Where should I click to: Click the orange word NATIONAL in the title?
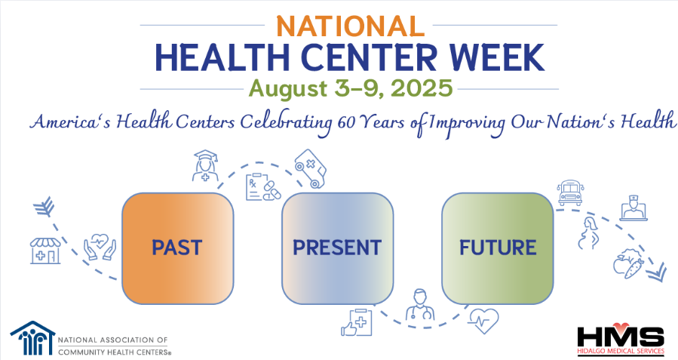pyautogui.click(x=350, y=26)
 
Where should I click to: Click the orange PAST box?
pyautogui.click(x=178, y=248)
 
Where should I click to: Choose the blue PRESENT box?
pyautogui.click(x=337, y=248)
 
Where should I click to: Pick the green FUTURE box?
pyautogui.click(x=497, y=248)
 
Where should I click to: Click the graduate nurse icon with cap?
pyautogui.click(x=205, y=166)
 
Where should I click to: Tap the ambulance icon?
pyautogui.click(x=311, y=169)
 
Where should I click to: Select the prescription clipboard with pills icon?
pyautogui.click(x=263, y=187)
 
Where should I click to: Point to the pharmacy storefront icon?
pyautogui.click(x=45, y=251)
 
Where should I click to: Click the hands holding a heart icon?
pyautogui.click(x=100, y=247)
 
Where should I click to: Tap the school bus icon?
pyautogui.click(x=570, y=192)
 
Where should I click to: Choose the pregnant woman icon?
pyautogui.click(x=590, y=234)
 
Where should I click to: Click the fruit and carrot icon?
pyautogui.click(x=627, y=263)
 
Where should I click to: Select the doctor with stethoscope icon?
pyautogui.click(x=420, y=305)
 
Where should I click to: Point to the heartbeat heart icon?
pyautogui.click(x=483, y=321)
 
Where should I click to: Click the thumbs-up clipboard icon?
pyautogui.click(x=357, y=322)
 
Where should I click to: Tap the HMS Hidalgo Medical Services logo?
pyautogui.click(x=621, y=340)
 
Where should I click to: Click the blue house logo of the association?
pyautogui.click(x=33, y=338)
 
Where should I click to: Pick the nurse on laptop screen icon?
pyautogui.click(x=634, y=208)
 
